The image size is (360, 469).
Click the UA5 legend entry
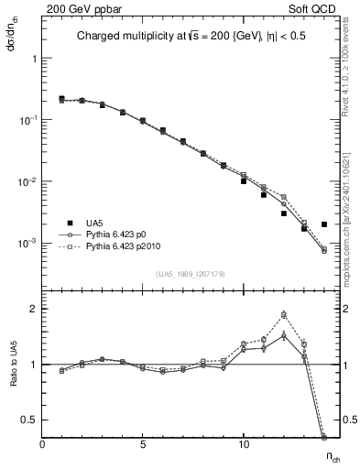94,223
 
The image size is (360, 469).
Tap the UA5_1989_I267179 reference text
192,274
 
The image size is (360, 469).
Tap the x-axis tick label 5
143,445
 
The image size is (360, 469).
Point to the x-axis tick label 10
244,445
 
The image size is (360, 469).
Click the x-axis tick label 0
42,445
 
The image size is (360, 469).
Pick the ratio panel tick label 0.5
30,420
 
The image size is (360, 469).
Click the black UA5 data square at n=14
324,224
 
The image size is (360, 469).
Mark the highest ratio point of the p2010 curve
284,315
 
